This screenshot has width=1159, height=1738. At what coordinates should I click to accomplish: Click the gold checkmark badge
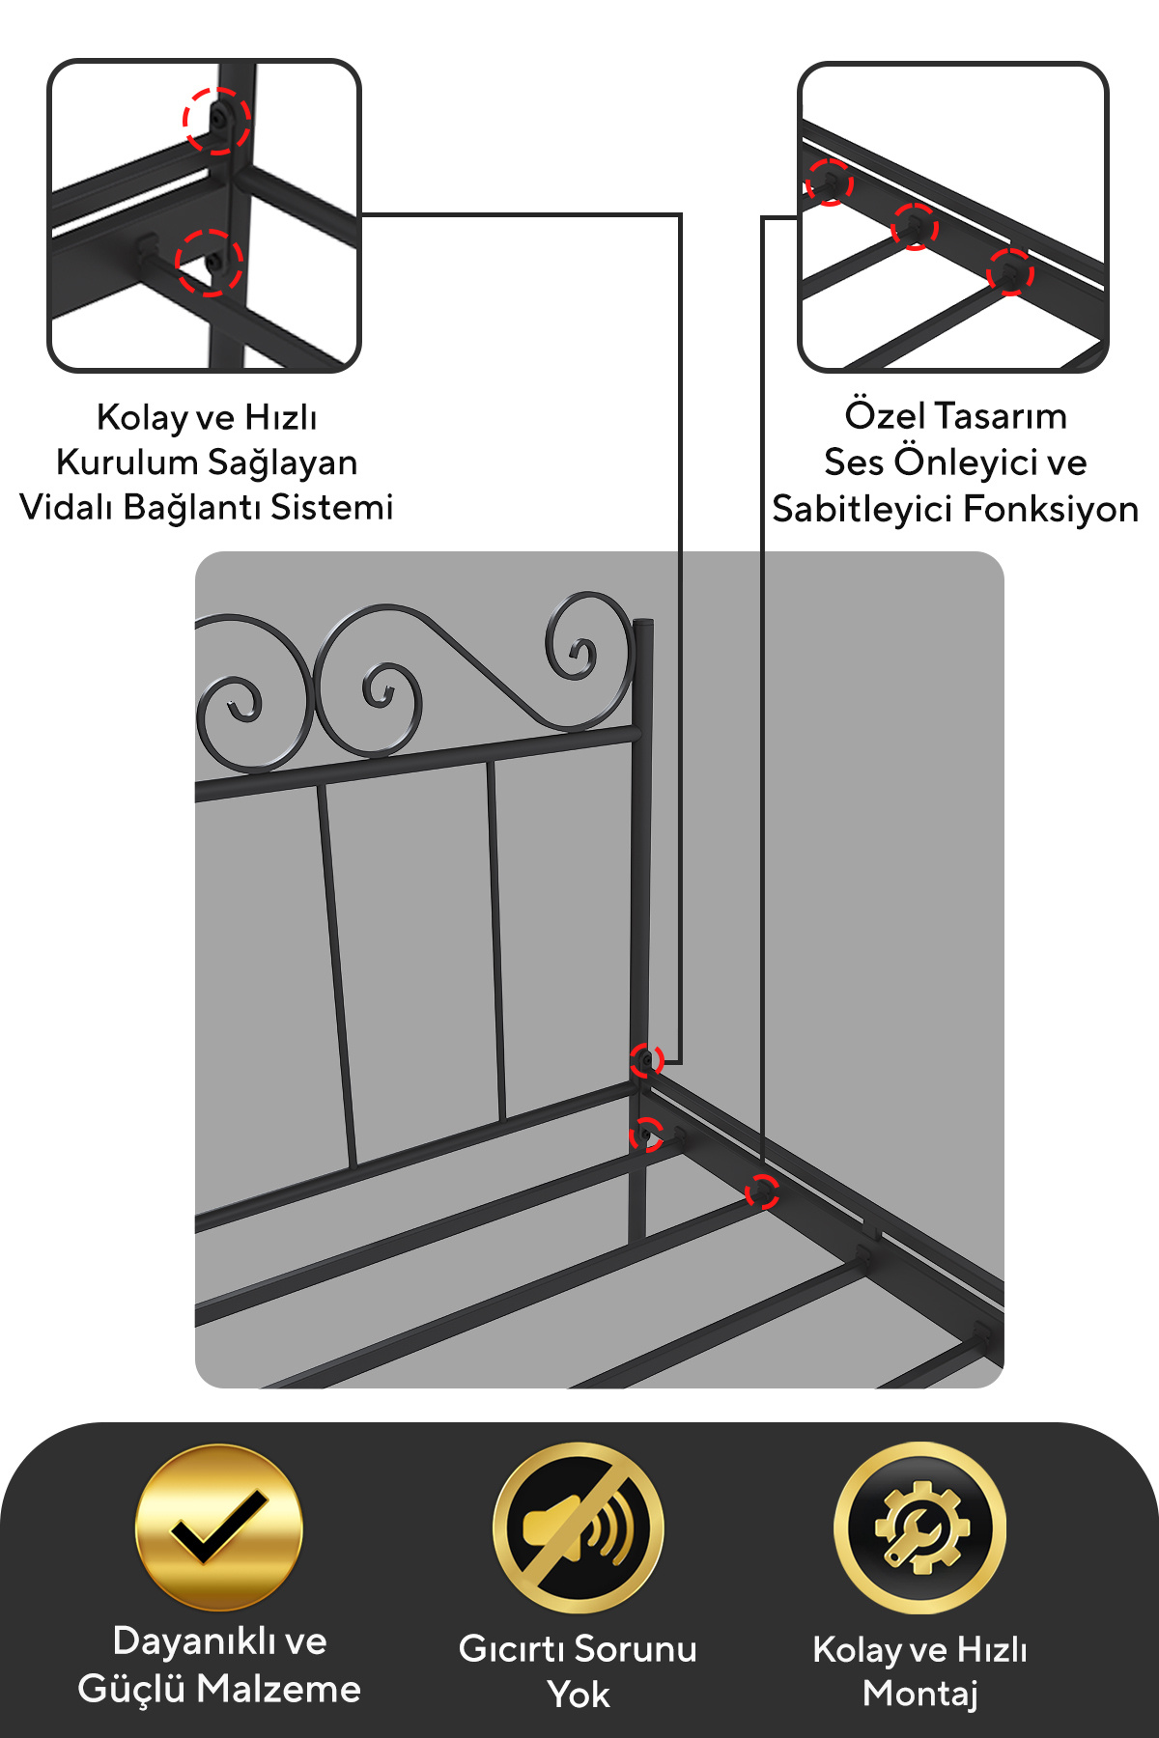tap(219, 1528)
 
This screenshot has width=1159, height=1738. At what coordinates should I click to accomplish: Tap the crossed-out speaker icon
tap(579, 1528)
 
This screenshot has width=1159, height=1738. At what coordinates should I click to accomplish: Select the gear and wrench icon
tap(920, 1528)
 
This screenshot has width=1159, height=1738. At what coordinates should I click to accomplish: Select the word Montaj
tap(920, 1694)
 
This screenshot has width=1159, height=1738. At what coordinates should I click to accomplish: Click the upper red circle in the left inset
tap(217, 121)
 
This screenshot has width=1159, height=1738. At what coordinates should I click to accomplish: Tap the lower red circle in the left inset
tap(210, 262)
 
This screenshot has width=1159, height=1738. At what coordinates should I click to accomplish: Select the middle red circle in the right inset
tap(915, 227)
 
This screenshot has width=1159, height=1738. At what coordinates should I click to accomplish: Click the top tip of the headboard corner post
tap(643, 622)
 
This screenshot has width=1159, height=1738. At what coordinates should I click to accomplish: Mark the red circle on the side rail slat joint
tap(762, 1191)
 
